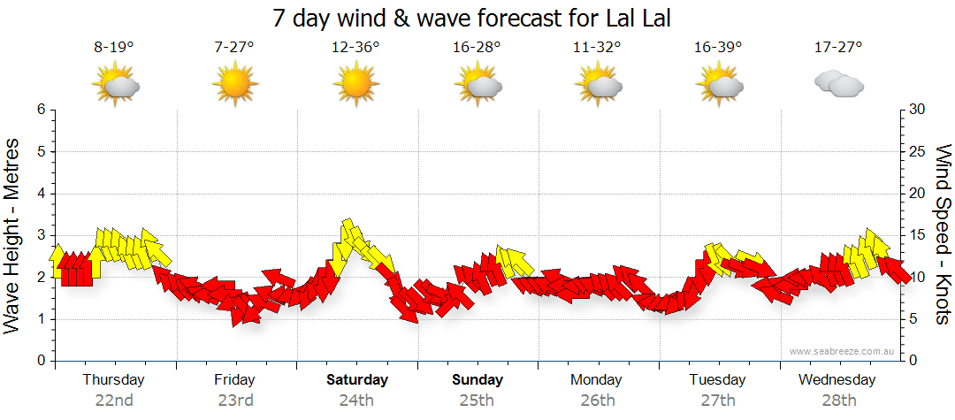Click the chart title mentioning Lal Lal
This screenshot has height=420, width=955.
(x=477, y=18)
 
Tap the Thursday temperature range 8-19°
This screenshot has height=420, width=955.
(x=114, y=48)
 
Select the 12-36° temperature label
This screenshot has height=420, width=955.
(x=355, y=48)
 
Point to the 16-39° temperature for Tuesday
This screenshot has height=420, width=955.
(x=718, y=48)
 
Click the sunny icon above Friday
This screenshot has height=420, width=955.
(x=234, y=85)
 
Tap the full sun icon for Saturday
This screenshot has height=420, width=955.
(x=355, y=85)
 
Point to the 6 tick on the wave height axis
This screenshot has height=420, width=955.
(x=40, y=110)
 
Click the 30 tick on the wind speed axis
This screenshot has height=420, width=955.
(x=918, y=110)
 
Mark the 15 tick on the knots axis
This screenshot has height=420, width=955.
(x=918, y=235)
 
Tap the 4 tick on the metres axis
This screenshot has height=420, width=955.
(x=40, y=194)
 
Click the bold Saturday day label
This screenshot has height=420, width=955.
(x=356, y=380)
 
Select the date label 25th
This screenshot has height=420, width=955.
(x=477, y=400)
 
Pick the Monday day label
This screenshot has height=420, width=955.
(x=597, y=380)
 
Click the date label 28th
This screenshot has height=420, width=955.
(x=839, y=400)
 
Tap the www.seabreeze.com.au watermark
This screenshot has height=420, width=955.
(x=844, y=351)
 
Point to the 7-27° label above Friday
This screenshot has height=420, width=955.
(x=234, y=48)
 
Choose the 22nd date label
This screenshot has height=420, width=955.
(x=114, y=400)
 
